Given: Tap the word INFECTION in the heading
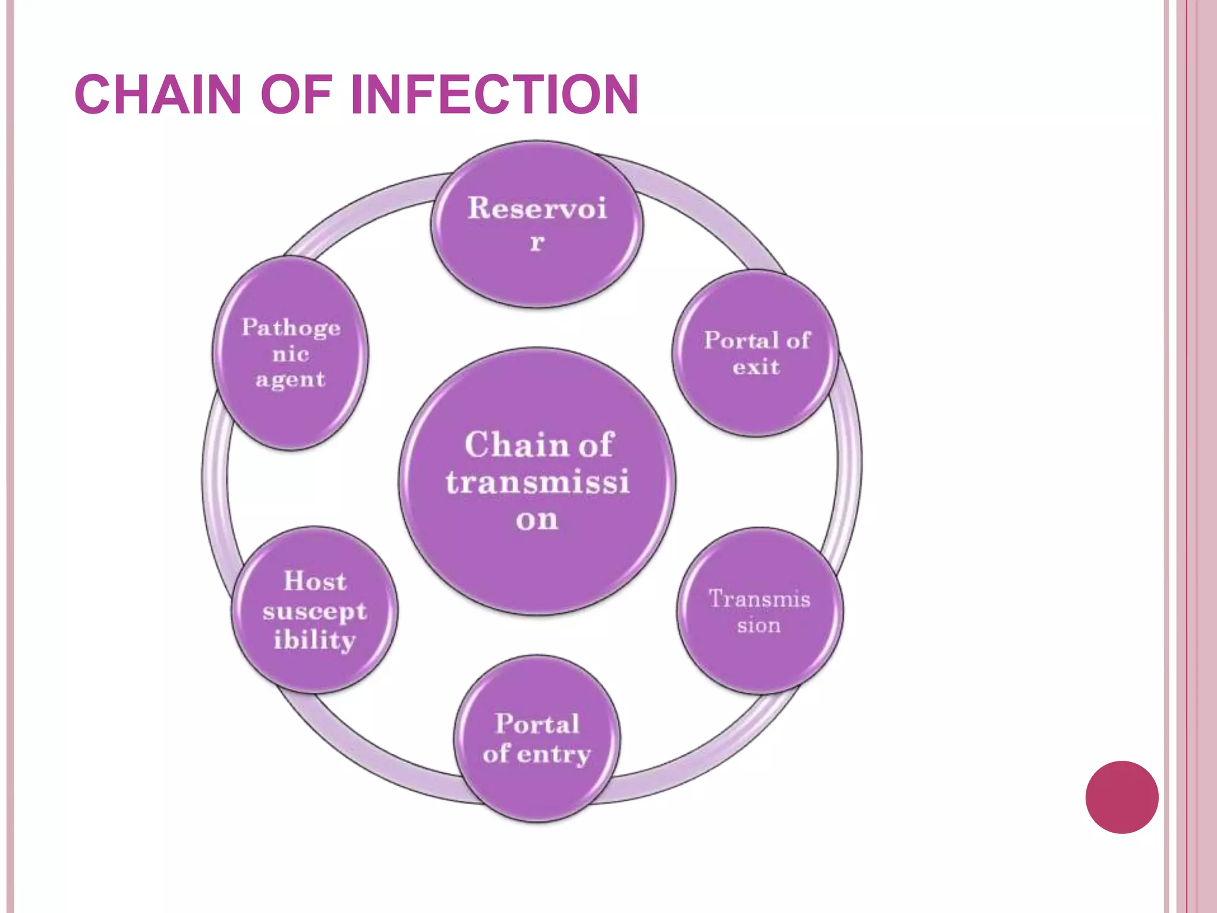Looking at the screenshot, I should (494, 95).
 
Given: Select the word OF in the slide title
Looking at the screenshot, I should (295, 95).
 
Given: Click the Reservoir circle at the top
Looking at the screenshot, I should (537, 225).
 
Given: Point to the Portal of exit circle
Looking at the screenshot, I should (756, 353).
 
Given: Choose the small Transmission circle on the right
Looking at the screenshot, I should (759, 611).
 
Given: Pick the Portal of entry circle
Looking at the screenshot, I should (537, 739).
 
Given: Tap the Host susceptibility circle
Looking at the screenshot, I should (314, 610).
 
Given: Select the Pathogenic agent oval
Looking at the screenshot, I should (291, 353).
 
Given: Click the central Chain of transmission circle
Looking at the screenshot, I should (537, 481).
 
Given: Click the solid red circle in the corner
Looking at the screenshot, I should (1121, 797).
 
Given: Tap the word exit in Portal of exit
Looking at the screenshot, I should (756, 367).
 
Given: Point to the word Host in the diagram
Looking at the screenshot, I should (315, 581).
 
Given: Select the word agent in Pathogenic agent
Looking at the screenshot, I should (291, 380).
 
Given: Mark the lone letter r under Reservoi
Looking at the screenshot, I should (537, 242).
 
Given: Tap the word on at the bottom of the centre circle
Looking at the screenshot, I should (537, 520).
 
